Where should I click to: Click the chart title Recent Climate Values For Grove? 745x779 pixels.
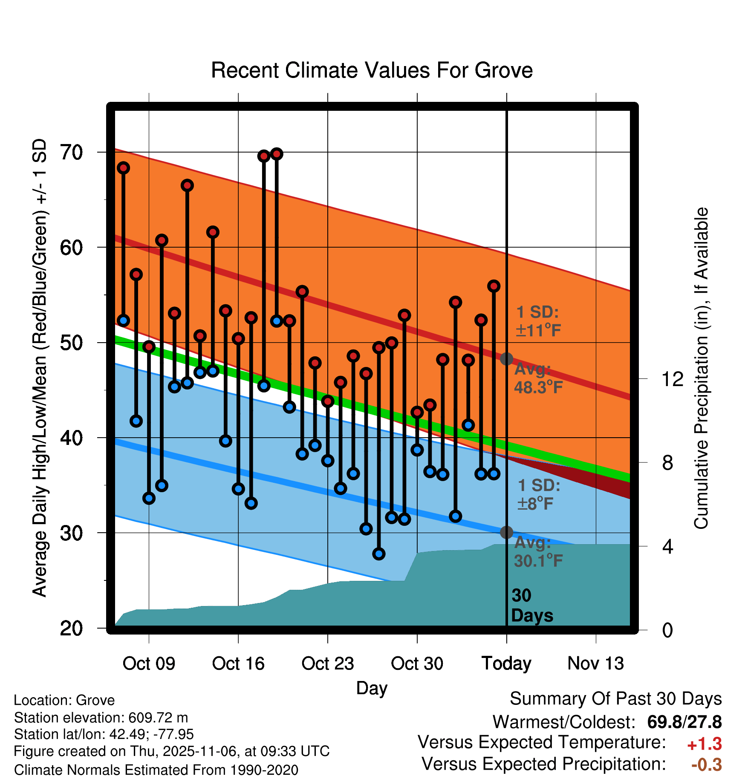coord(372,70)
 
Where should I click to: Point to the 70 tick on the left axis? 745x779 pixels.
coord(72,152)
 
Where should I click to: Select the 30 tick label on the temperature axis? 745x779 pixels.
coord(72,533)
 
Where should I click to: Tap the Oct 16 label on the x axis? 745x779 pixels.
coord(238,664)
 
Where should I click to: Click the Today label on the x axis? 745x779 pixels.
coord(506,664)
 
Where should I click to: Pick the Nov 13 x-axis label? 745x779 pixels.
coord(595,664)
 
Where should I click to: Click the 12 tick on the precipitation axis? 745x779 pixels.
coord(673,379)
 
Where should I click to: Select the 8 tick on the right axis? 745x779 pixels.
coord(668,463)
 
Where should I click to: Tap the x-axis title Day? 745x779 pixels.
coord(372,688)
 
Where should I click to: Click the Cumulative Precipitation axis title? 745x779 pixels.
coord(701,369)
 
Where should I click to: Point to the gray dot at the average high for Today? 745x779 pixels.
coord(506,359)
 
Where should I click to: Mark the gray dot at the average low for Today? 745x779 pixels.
coord(506,532)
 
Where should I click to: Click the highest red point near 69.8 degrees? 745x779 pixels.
coord(277,154)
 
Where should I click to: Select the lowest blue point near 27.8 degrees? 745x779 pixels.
coord(379,554)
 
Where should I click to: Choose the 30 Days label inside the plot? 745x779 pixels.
coord(531,606)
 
